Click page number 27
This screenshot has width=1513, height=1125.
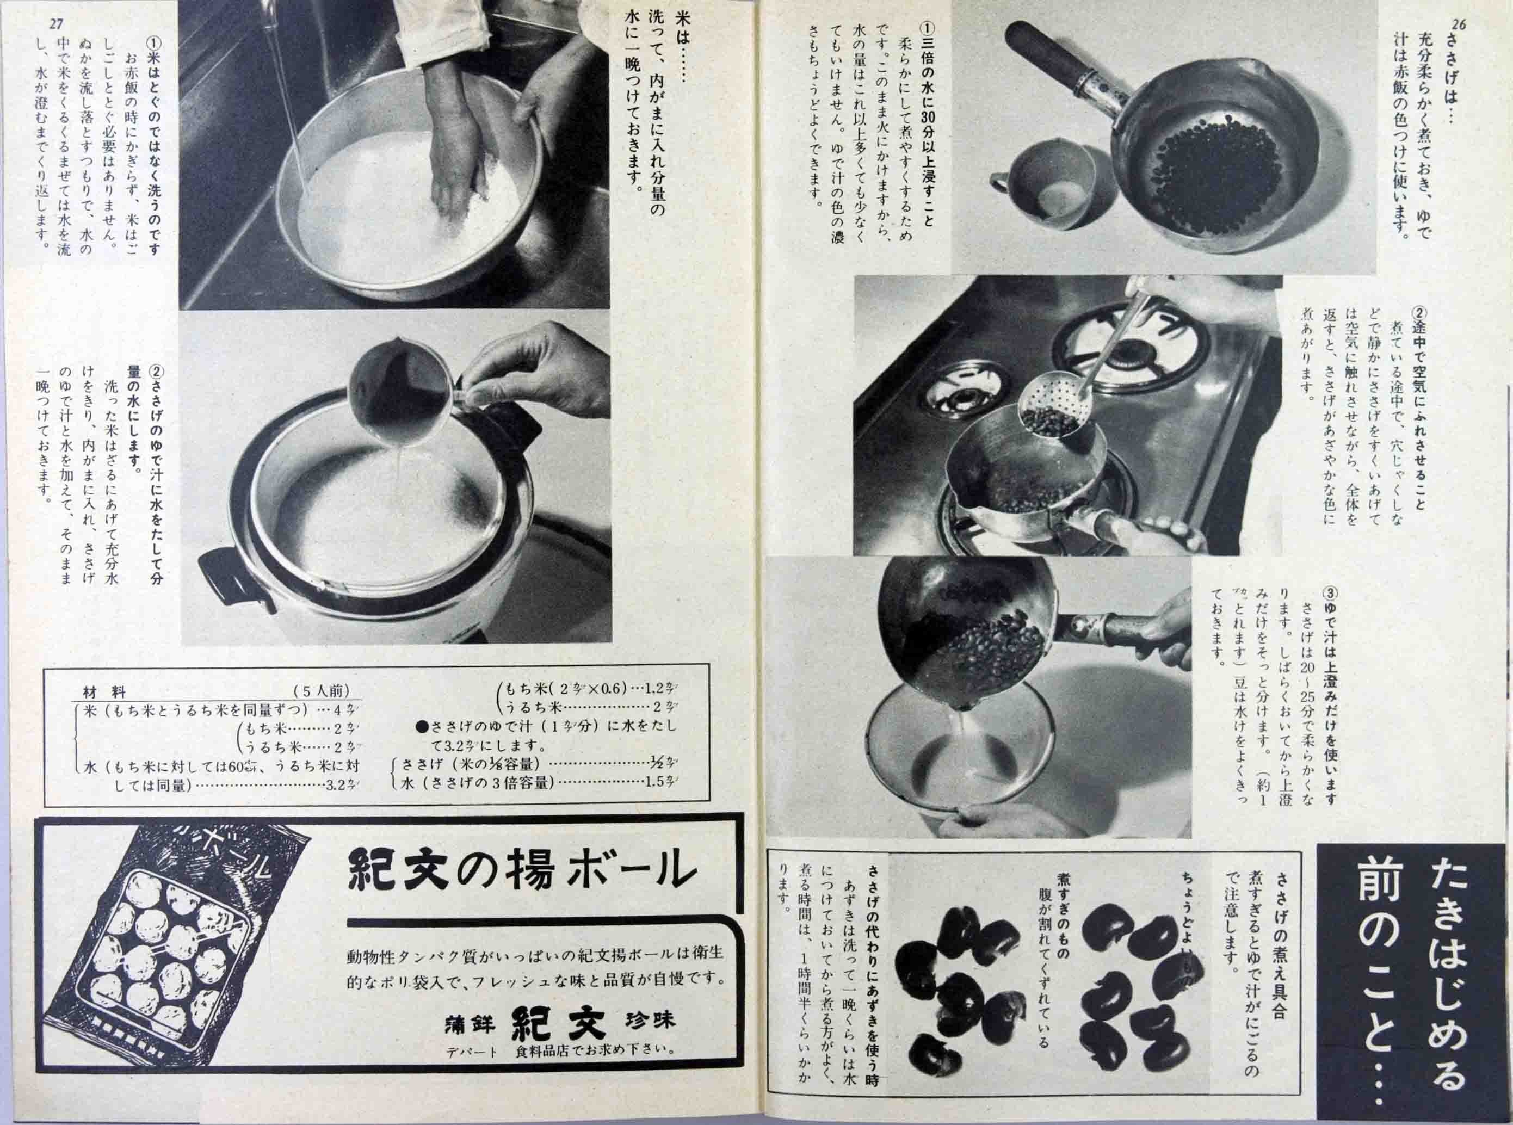coord(57,24)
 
